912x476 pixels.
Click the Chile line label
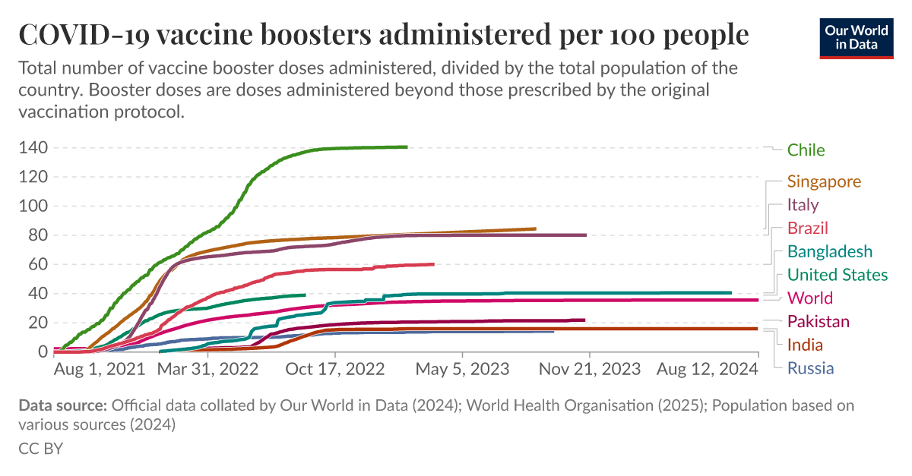(806, 150)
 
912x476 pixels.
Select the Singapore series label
(824, 181)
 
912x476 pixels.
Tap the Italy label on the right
(803, 205)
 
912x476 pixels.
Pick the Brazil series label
(807, 229)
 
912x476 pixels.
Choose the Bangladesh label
(830, 251)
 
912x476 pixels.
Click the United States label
(837, 275)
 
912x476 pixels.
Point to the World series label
(810, 298)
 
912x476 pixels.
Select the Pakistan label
(819, 322)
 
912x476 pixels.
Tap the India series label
(805, 345)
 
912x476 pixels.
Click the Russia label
(810, 369)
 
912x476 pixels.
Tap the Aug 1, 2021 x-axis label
(100, 369)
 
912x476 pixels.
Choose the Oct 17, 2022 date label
(335, 369)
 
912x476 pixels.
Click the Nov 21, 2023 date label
(588, 369)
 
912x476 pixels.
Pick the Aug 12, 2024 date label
(706, 369)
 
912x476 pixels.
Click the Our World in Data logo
(856, 37)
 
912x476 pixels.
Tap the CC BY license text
(40, 449)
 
